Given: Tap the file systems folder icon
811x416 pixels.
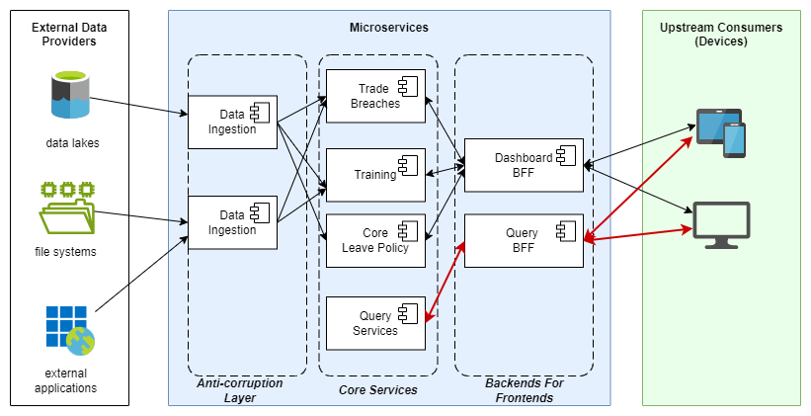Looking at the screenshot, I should (66, 207).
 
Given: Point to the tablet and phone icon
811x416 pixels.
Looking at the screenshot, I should (721, 132).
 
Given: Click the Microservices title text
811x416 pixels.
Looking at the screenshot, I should (388, 26).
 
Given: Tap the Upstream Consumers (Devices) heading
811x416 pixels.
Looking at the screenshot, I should (720, 35).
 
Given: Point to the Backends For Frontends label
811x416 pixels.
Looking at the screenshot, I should (524, 389).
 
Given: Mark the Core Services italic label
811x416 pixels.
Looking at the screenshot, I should (377, 390).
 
